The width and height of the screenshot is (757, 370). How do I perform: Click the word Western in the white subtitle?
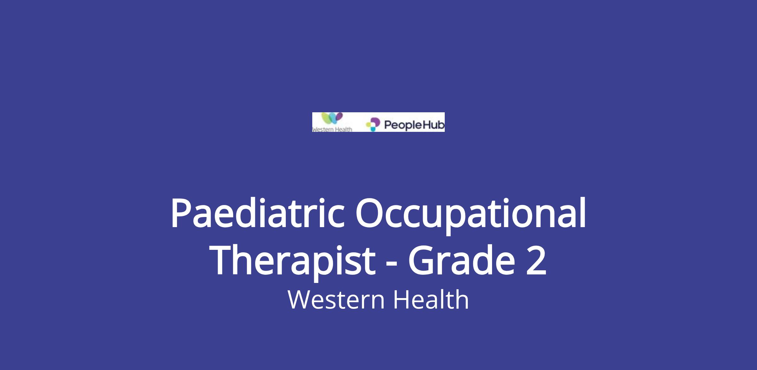(x=336, y=300)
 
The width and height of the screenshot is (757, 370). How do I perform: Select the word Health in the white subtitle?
(x=431, y=299)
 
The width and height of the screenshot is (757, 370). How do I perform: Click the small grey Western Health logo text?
(x=332, y=129)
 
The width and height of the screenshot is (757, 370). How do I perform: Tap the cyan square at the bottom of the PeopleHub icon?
(x=373, y=129)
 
